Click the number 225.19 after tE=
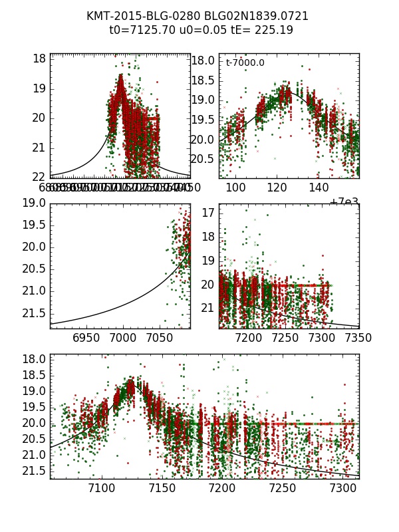pos(274,31)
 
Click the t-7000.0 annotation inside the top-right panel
pos(245,63)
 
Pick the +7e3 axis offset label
pos(344,201)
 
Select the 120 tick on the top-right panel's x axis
pos(277,188)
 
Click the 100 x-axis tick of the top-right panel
pos(236,188)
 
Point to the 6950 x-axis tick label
pos(86,338)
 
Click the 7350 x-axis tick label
pos(352,338)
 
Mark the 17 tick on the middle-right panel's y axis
pos(208,213)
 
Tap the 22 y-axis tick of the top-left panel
pos(39,176)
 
